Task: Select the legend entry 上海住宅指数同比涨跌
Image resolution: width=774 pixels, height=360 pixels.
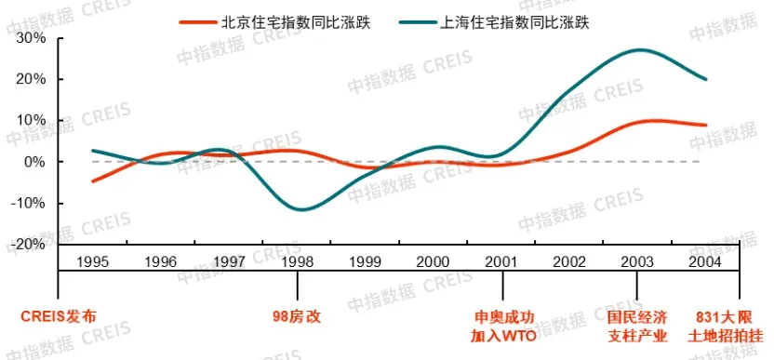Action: (x=520, y=20)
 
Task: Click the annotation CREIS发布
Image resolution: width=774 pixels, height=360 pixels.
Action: (x=58, y=315)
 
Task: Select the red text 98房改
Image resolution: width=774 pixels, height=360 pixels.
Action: (x=297, y=315)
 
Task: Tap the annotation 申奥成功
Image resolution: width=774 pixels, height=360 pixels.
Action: (x=502, y=315)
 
